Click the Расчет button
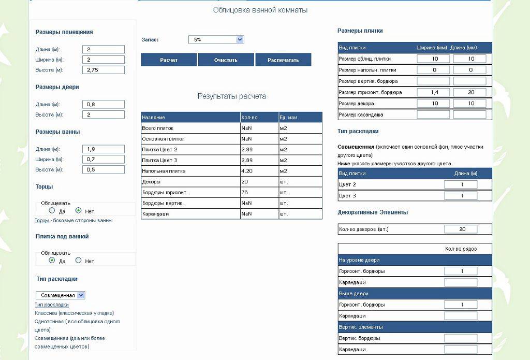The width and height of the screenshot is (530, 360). click(x=169, y=60)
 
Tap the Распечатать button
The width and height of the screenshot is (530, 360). click(x=283, y=60)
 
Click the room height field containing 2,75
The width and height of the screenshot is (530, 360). click(x=104, y=70)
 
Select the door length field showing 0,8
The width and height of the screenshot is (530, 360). click(x=104, y=104)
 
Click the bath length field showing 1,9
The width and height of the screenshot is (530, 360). click(x=104, y=149)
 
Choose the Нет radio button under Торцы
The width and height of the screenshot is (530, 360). click(x=79, y=211)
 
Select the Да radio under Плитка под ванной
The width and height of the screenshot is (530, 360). click(x=52, y=261)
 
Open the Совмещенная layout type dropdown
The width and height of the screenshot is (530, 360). click(x=60, y=295)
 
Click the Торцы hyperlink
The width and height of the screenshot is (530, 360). click(x=42, y=221)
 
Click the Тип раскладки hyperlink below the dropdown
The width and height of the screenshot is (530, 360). click(x=52, y=305)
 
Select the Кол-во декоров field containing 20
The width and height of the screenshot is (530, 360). click(x=461, y=229)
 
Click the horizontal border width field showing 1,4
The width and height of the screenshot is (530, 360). click(x=433, y=92)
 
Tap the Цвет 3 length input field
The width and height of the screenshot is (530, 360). click(x=461, y=196)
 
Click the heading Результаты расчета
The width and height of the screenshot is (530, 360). click(x=232, y=96)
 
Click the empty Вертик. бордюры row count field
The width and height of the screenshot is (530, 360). click(x=461, y=338)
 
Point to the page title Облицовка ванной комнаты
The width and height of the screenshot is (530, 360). click(x=260, y=10)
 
